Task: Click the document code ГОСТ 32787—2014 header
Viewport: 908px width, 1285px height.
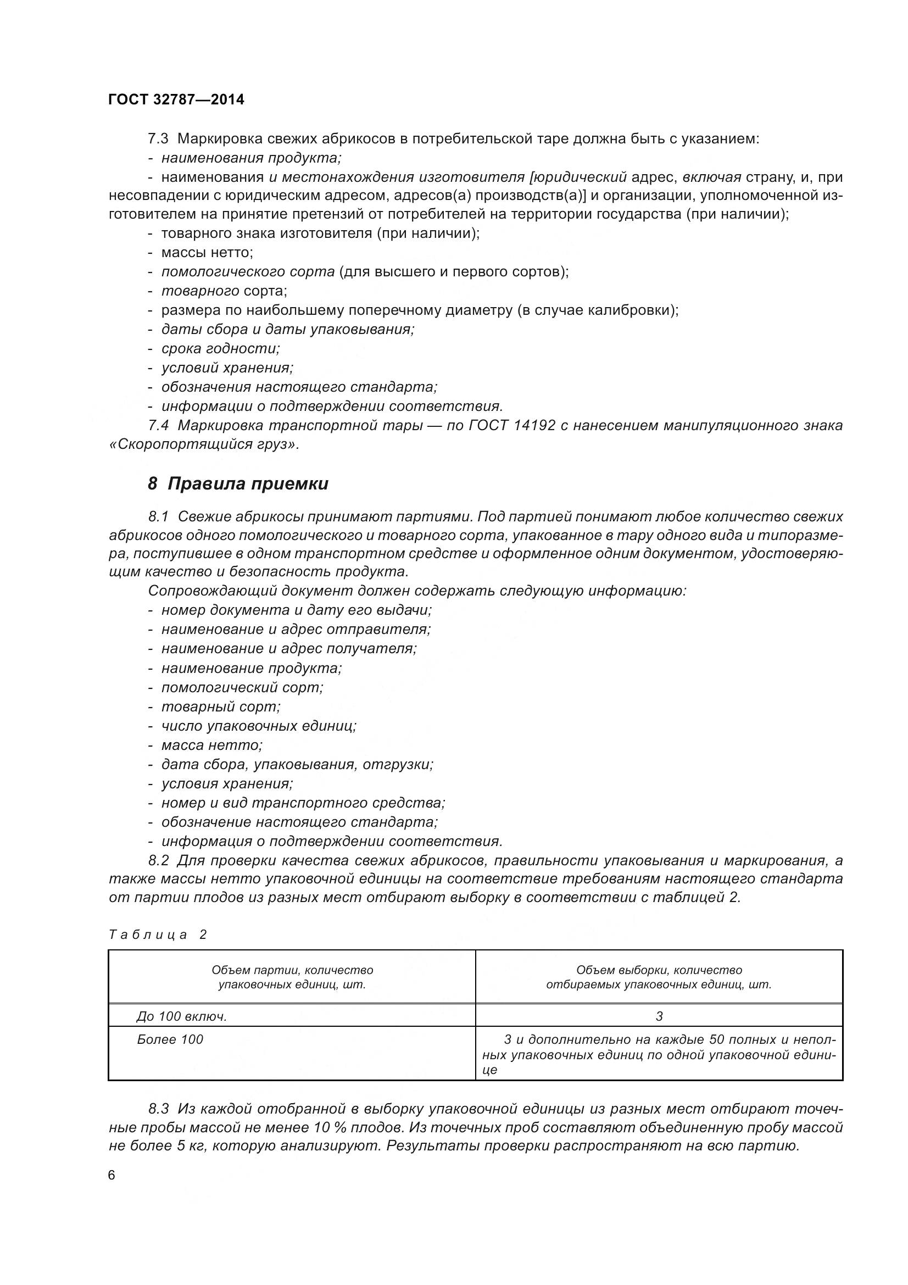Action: [x=176, y=99]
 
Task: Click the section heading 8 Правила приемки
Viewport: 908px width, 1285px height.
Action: [x=238, y=483]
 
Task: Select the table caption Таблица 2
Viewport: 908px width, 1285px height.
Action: [x=158, y=934]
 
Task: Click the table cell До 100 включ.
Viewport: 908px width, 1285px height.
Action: [x=181, y=1016]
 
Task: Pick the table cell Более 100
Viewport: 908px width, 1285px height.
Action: [x=170, y=1039]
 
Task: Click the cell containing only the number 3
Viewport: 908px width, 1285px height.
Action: [x=659, y=1016]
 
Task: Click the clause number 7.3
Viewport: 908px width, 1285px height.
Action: [x=158, y=139]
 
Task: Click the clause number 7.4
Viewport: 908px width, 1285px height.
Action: [x=158, y=425]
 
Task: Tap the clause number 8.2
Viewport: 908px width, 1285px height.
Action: [x=158, y=860]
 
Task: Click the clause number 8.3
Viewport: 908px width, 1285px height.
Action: [x=158, y=1109]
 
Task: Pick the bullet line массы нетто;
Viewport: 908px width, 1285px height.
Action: [x=207, y=253]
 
